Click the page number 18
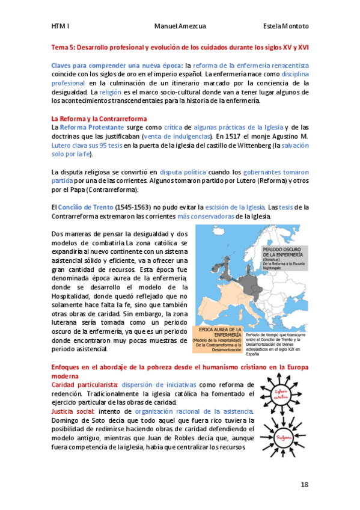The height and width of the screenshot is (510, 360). pos(305,484)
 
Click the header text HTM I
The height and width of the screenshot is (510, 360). pos(61,26)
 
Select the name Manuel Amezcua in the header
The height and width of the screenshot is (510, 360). pos(180,26)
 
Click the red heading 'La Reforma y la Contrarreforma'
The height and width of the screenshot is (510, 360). pos(99,119)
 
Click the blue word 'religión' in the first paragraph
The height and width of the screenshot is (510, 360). pos(110,92)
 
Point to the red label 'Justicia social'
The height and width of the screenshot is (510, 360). pos(72,411)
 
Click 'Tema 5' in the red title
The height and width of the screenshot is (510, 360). pos(63,46)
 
